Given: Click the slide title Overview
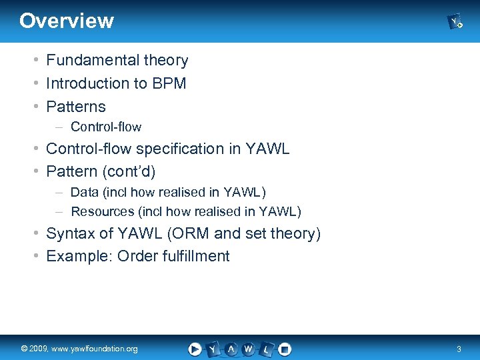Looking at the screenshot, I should click(67, 21).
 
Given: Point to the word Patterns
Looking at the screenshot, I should click(76, 107).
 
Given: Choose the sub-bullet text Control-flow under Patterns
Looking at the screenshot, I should click(106, 127).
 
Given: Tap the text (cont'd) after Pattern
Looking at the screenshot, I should click(128, 172).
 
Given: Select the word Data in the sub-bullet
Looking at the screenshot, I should click(84, 193).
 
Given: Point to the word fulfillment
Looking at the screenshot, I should click(197, 257).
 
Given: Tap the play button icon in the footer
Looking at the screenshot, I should click(195, 349).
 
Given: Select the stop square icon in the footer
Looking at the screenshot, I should click(285, 349).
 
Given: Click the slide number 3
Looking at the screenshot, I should click(458, 349).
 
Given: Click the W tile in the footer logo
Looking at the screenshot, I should click(248, 349).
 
